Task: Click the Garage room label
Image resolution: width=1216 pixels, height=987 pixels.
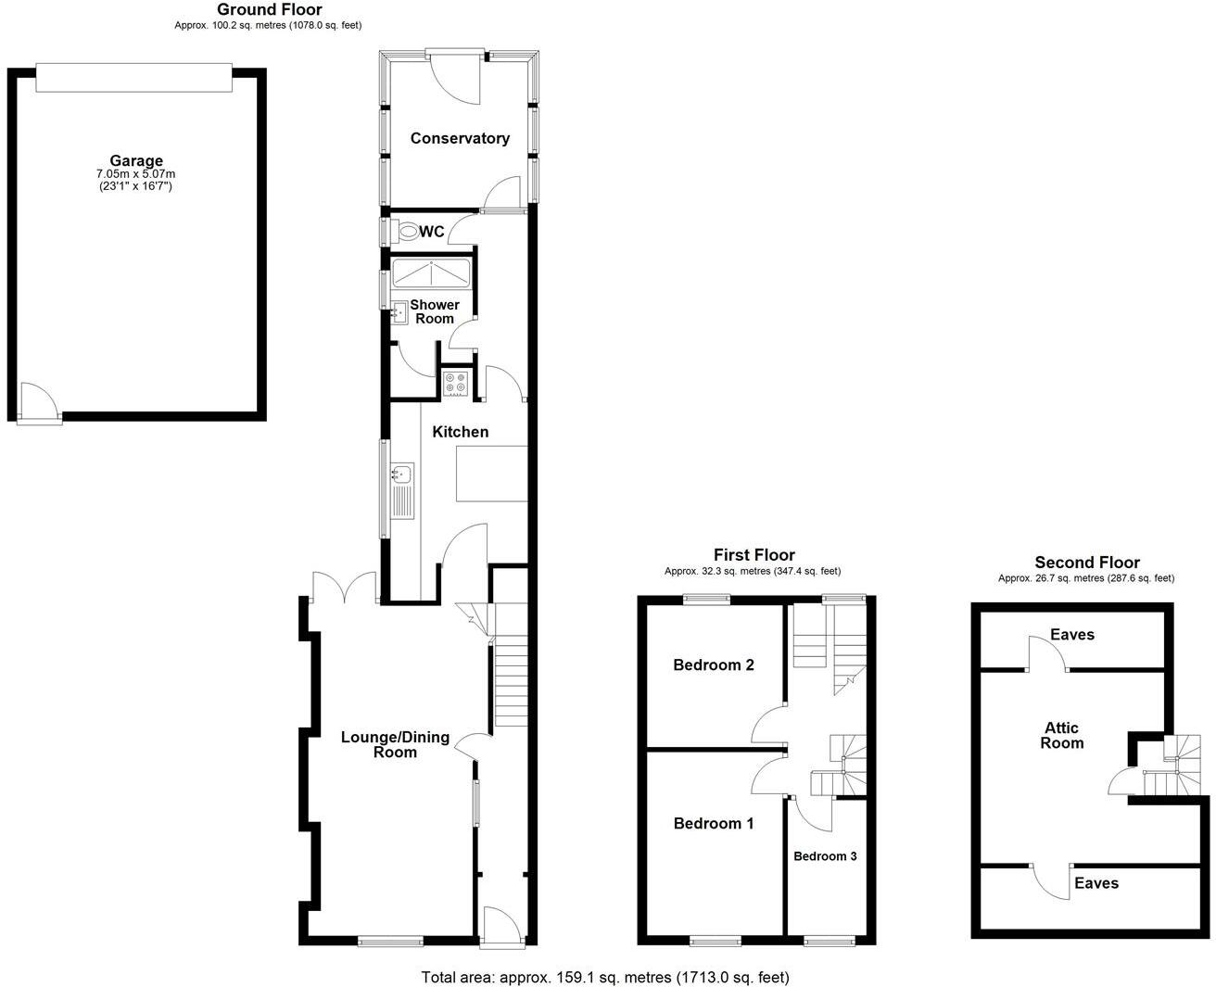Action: coord(136,160)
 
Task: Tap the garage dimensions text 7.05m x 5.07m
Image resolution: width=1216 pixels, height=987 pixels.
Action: coord(136,174)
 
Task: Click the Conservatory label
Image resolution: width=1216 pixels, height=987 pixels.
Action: coord(460,138)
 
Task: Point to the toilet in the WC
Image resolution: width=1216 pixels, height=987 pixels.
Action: coord(404,231)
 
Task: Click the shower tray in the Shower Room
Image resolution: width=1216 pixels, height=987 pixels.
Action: coord(432,274)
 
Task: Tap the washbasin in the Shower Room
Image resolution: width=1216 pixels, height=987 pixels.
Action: coord(400,311)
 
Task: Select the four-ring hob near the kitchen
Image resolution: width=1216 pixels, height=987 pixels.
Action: coord(455,384)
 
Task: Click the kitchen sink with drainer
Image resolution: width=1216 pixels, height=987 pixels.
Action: coord(401,490)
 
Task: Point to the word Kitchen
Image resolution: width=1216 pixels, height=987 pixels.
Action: coord(461,432)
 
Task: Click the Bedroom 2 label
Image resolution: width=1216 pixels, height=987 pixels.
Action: coord(714,664)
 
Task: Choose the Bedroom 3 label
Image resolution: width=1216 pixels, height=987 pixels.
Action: coord(825,855)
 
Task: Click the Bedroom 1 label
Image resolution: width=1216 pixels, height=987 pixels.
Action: coord(714,823)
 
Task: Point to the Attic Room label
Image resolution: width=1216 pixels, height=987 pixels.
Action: coord(1061,735)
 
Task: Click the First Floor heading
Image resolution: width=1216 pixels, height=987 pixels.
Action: coord(754,555)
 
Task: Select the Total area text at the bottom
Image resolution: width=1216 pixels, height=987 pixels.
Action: coord(605,977)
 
